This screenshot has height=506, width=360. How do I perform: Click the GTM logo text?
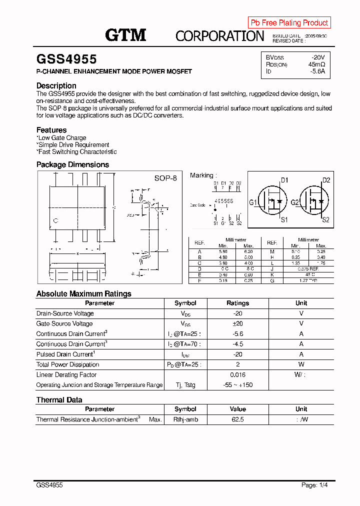125,34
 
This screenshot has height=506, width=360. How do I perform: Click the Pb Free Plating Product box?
289,22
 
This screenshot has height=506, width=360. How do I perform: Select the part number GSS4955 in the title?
66,59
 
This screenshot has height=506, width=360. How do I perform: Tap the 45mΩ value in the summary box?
316,64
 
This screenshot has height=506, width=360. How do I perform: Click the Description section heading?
56,85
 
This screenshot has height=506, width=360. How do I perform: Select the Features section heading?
51,130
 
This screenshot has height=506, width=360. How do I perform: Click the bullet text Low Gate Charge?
62,138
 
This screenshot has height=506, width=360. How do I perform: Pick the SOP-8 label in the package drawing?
165,178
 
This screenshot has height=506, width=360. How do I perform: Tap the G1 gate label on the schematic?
253,202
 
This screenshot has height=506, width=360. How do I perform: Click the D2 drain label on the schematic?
326,180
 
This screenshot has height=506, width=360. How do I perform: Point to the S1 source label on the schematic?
284,219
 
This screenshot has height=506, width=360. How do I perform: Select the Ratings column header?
237,303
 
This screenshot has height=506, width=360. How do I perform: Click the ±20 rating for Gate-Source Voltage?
237,323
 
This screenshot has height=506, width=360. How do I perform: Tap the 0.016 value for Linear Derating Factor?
237,374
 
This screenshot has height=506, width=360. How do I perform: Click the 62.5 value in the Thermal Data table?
237,419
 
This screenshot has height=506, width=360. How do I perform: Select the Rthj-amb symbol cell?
185,419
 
